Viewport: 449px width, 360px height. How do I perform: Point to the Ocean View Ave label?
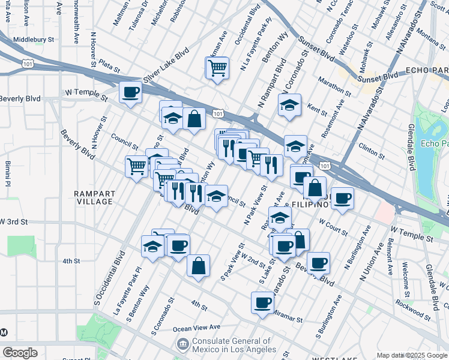pyautogui.click(x=197, y=328)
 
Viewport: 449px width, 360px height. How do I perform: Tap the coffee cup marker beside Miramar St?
pyautogui.click(x=262, y=303)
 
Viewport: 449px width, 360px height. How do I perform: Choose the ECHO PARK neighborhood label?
pyautogui.click(x=427, y=70)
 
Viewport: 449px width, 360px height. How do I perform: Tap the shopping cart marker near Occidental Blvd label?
pyautogui.click(x=217, y=68)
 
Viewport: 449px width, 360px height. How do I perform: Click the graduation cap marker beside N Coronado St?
pyautogui.click(x=289, y=106)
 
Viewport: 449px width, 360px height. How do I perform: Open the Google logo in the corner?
pyautogui.click(x=20, y=352)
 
